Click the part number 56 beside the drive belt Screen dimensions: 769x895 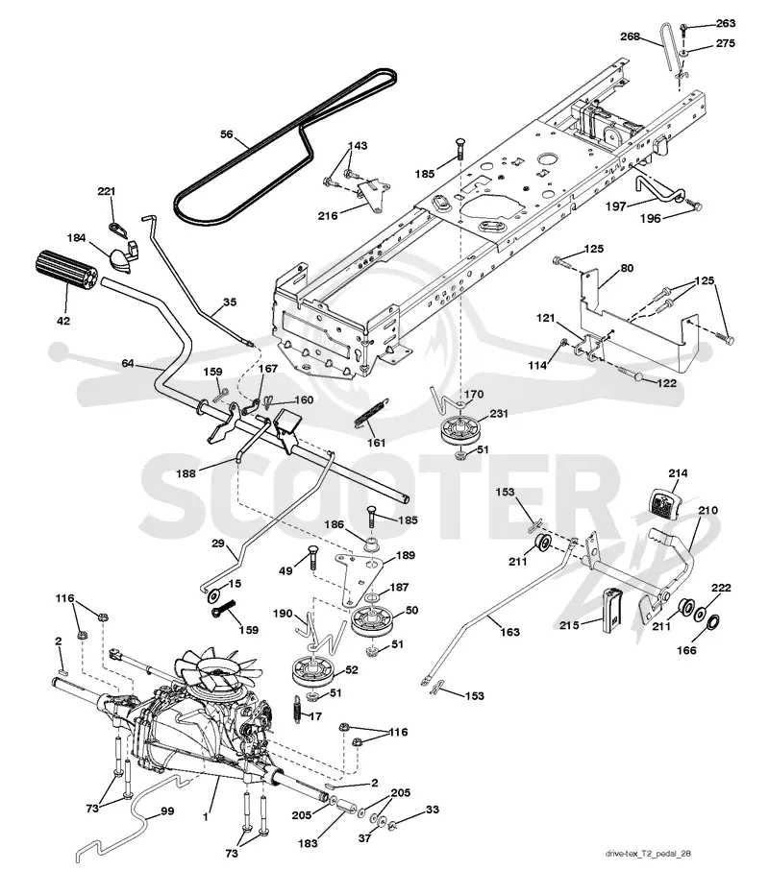227,134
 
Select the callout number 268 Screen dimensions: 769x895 631,36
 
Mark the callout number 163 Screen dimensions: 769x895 509,631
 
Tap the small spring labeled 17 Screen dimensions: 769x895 298,710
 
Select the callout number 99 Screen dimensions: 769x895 167,810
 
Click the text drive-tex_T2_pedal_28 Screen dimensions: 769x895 648,854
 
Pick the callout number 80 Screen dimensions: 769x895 627,268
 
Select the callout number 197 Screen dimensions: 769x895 616,206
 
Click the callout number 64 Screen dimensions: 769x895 128,363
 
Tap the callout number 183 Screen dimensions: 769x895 308,842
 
